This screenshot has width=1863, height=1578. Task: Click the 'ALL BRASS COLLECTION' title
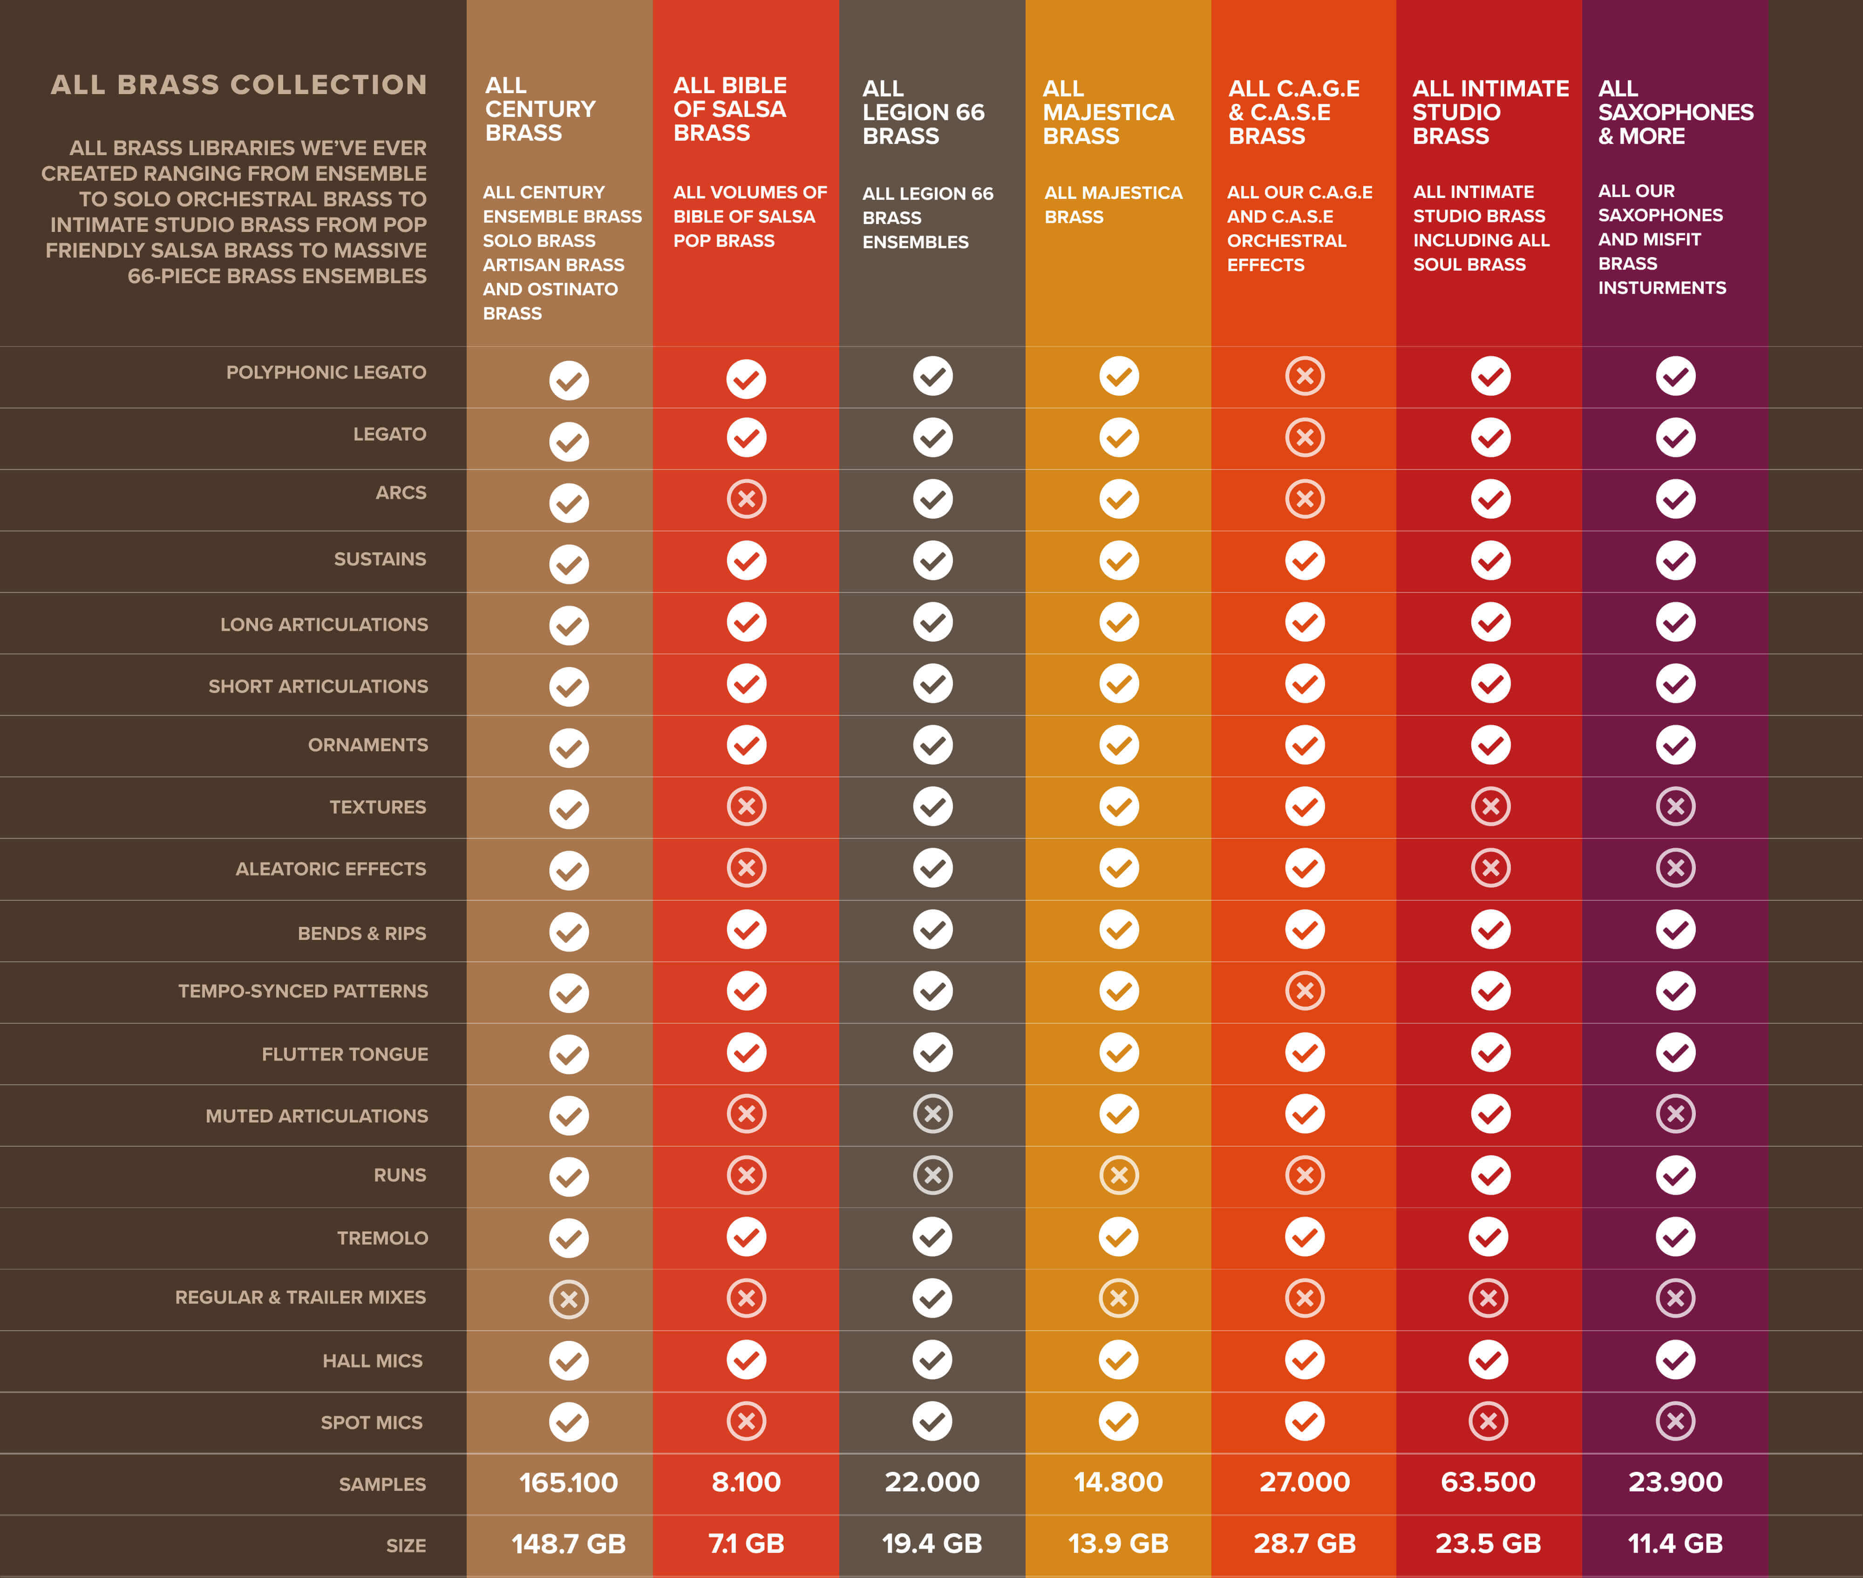(x=239, y=85)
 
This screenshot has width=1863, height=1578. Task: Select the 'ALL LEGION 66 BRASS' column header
(x=923, y=113)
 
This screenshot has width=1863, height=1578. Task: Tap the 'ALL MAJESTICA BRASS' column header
(x=1108, y=113)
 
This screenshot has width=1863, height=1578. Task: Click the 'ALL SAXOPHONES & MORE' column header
(x=1675, y=113)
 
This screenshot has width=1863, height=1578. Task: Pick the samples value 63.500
(x=1488, y=1482)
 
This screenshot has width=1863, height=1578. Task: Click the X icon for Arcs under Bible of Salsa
(x=747, y=499)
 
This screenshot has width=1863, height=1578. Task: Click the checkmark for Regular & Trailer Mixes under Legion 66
(x=932, y=1298)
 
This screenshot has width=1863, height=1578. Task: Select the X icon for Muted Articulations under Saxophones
(x=1675, y=1114)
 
